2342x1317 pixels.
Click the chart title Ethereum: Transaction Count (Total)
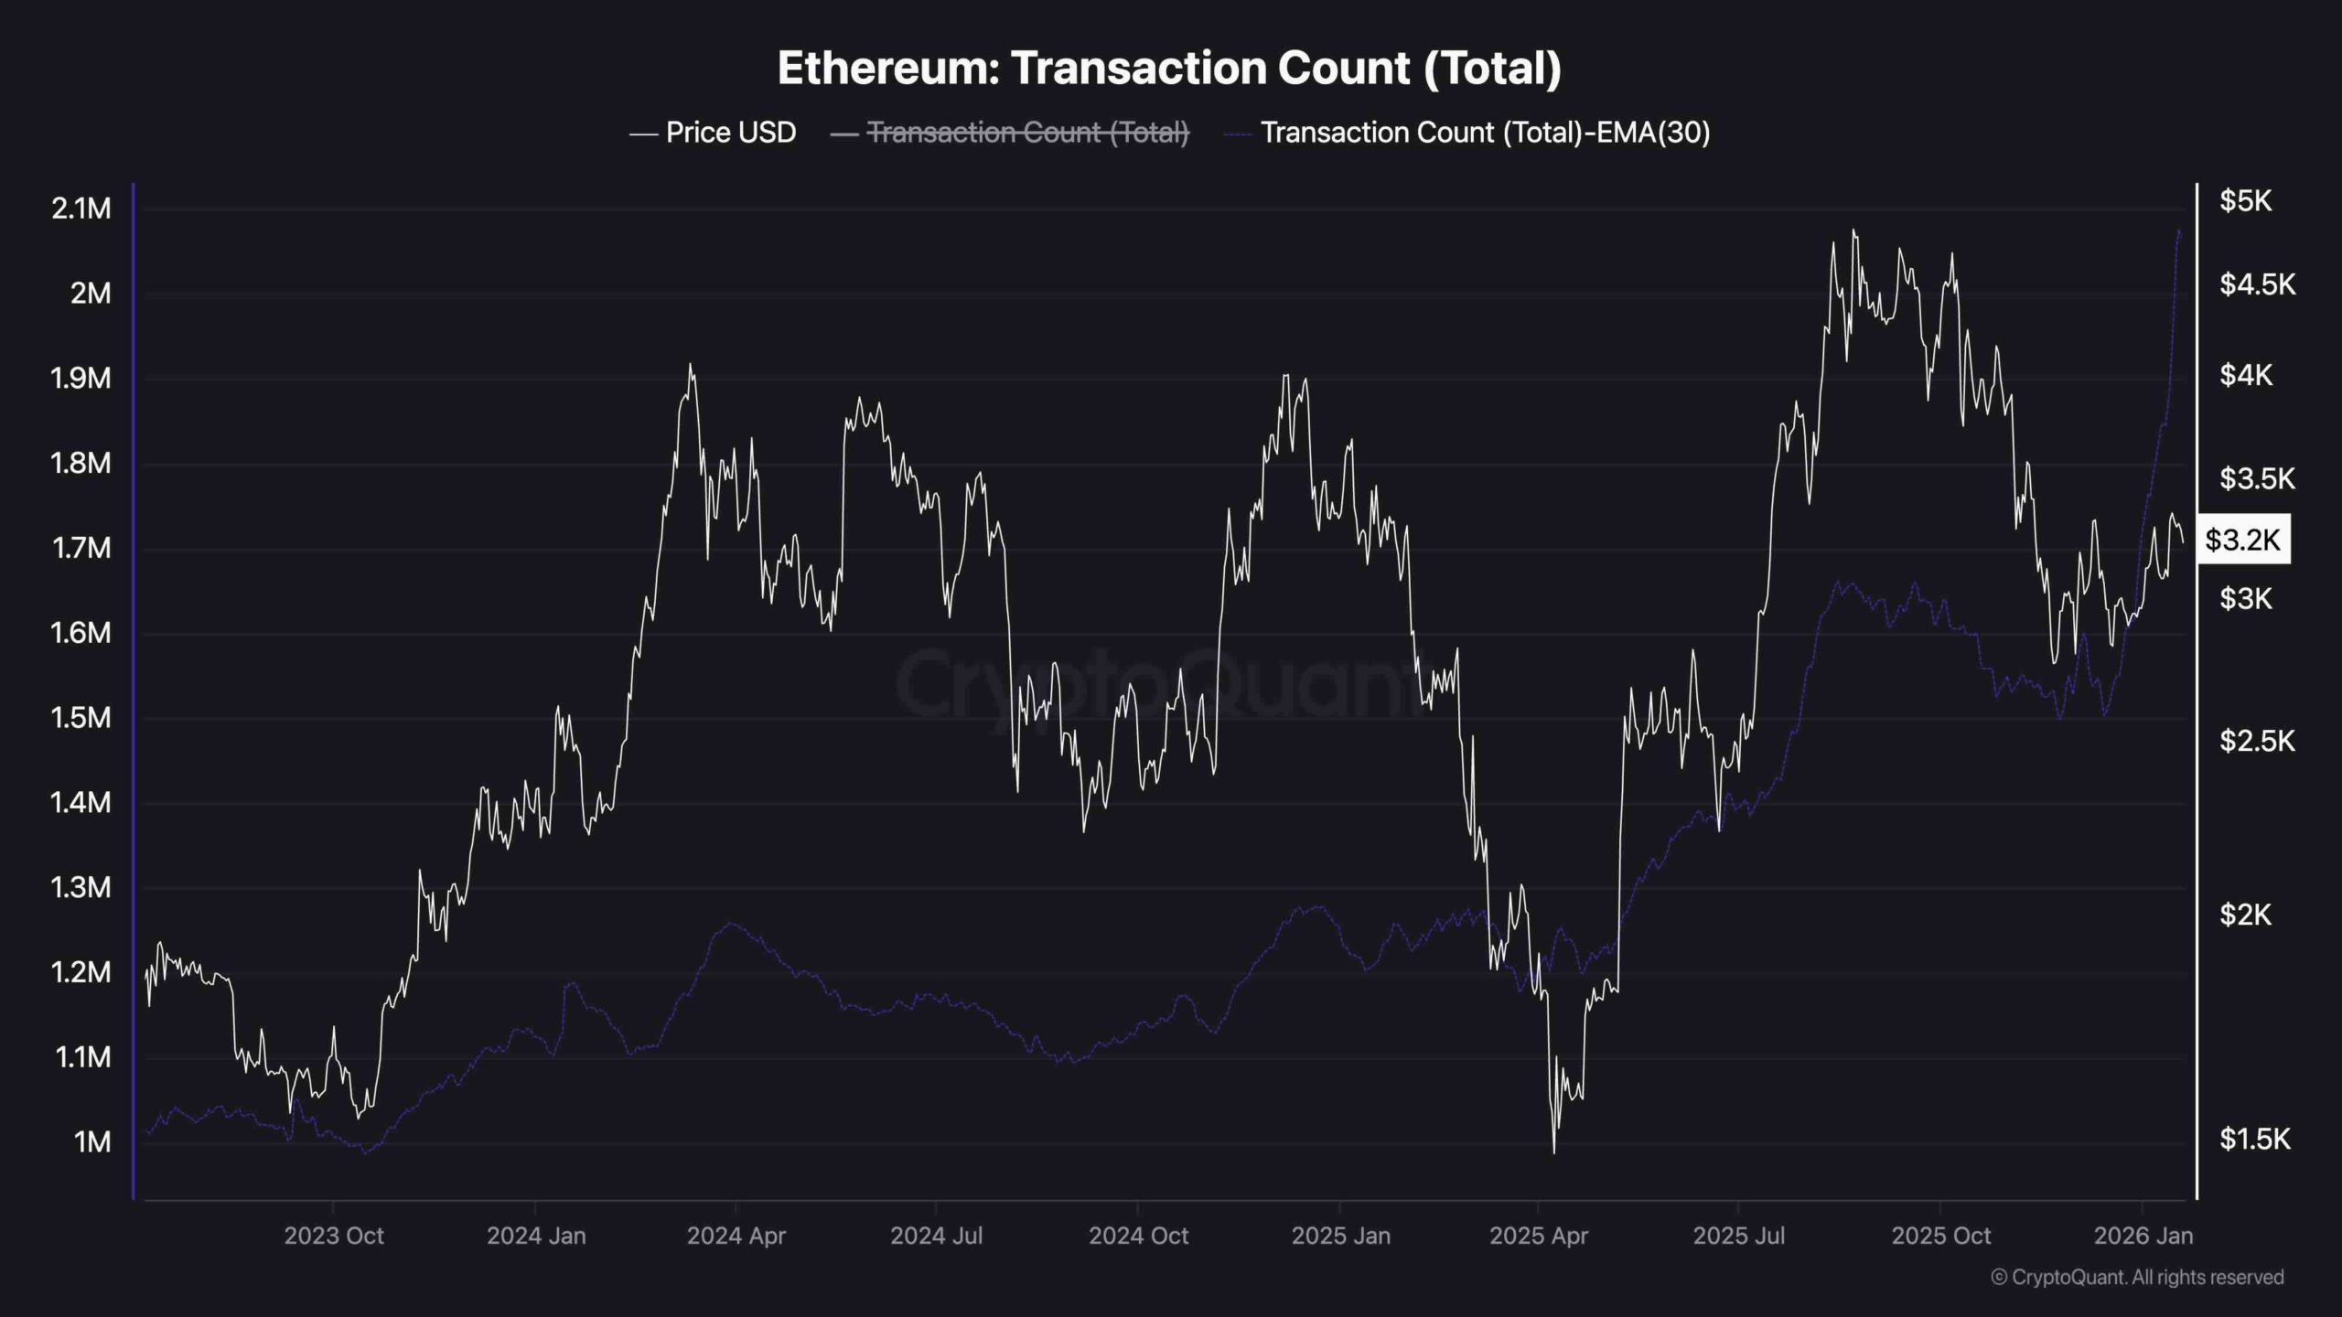1169,69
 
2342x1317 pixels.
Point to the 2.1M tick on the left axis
81,209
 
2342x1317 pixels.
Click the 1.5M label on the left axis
81,718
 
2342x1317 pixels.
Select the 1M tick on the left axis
92,1142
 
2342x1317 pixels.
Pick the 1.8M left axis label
81,463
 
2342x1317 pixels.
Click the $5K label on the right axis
2245,201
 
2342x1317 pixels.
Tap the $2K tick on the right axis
2245,914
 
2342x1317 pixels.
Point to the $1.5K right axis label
2254,1139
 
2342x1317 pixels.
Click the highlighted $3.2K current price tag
2242,540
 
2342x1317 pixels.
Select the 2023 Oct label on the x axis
333,1237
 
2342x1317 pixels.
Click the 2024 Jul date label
936,1237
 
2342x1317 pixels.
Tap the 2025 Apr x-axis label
1539,1237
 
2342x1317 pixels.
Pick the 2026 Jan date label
2143,1237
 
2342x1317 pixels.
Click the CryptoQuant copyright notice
2137,1278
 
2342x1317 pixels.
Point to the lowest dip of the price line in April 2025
1553,1152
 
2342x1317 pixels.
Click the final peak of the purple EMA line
2178,230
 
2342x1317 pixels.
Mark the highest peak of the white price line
1853,230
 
